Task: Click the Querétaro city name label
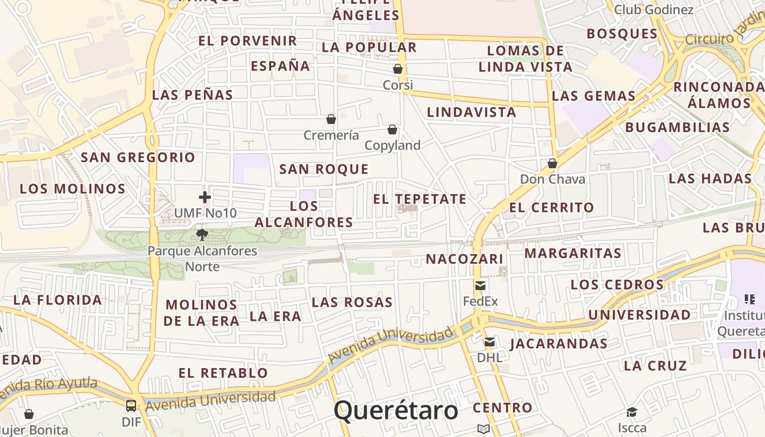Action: click(396, 410)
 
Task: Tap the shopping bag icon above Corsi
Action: click(398, 69)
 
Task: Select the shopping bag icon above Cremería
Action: click(331, 119)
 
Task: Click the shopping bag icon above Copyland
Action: click(392, 129)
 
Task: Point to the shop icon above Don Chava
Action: click(552, 163)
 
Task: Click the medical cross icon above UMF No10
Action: click(205, 197)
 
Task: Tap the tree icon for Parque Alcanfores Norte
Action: click(202, 235)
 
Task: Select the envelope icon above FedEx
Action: click(480, 286)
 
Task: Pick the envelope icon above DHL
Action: click(490, 342)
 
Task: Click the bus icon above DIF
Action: click(131, 406)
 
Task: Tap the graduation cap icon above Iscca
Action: click(632, 412)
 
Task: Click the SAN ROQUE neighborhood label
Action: click(324, 169)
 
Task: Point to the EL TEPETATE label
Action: click(420, 199)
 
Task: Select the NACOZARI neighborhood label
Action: click(464, 259)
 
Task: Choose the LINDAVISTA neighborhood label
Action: click(471, 113)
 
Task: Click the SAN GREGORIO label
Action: click(138, 158)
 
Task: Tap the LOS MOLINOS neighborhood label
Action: click(73, 189)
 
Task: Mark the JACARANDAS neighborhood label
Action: click(558, 344)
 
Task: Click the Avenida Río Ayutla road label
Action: click(49, 387)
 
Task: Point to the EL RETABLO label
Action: click(223, 373)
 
